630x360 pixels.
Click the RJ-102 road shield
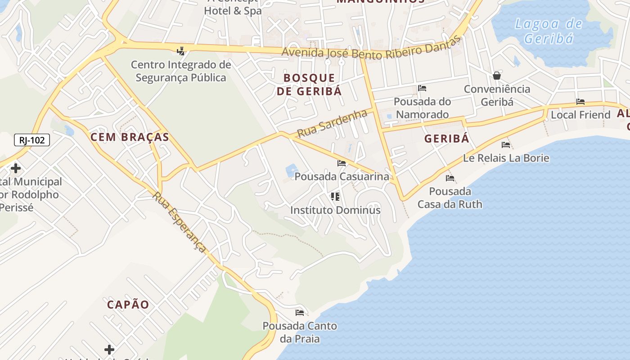32,140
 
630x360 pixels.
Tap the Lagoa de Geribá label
549,31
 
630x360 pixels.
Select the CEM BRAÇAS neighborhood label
130,137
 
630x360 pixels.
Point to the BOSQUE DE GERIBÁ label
309,84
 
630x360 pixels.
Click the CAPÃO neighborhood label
128,305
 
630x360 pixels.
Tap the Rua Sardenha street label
333,123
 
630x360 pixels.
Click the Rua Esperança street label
180,221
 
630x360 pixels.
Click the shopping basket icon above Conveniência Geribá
497,75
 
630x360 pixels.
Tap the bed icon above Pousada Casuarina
342,163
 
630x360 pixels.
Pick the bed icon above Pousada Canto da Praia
300,312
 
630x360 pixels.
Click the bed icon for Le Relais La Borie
506,144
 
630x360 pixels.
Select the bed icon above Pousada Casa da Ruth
450,178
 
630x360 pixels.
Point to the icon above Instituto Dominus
335,196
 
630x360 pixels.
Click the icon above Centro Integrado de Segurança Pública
181,51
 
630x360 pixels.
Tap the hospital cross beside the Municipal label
16,169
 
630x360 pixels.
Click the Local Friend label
580,115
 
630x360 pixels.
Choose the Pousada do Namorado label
422,108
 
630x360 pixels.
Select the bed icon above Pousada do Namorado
422,88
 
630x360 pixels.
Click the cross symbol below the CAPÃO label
109,349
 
